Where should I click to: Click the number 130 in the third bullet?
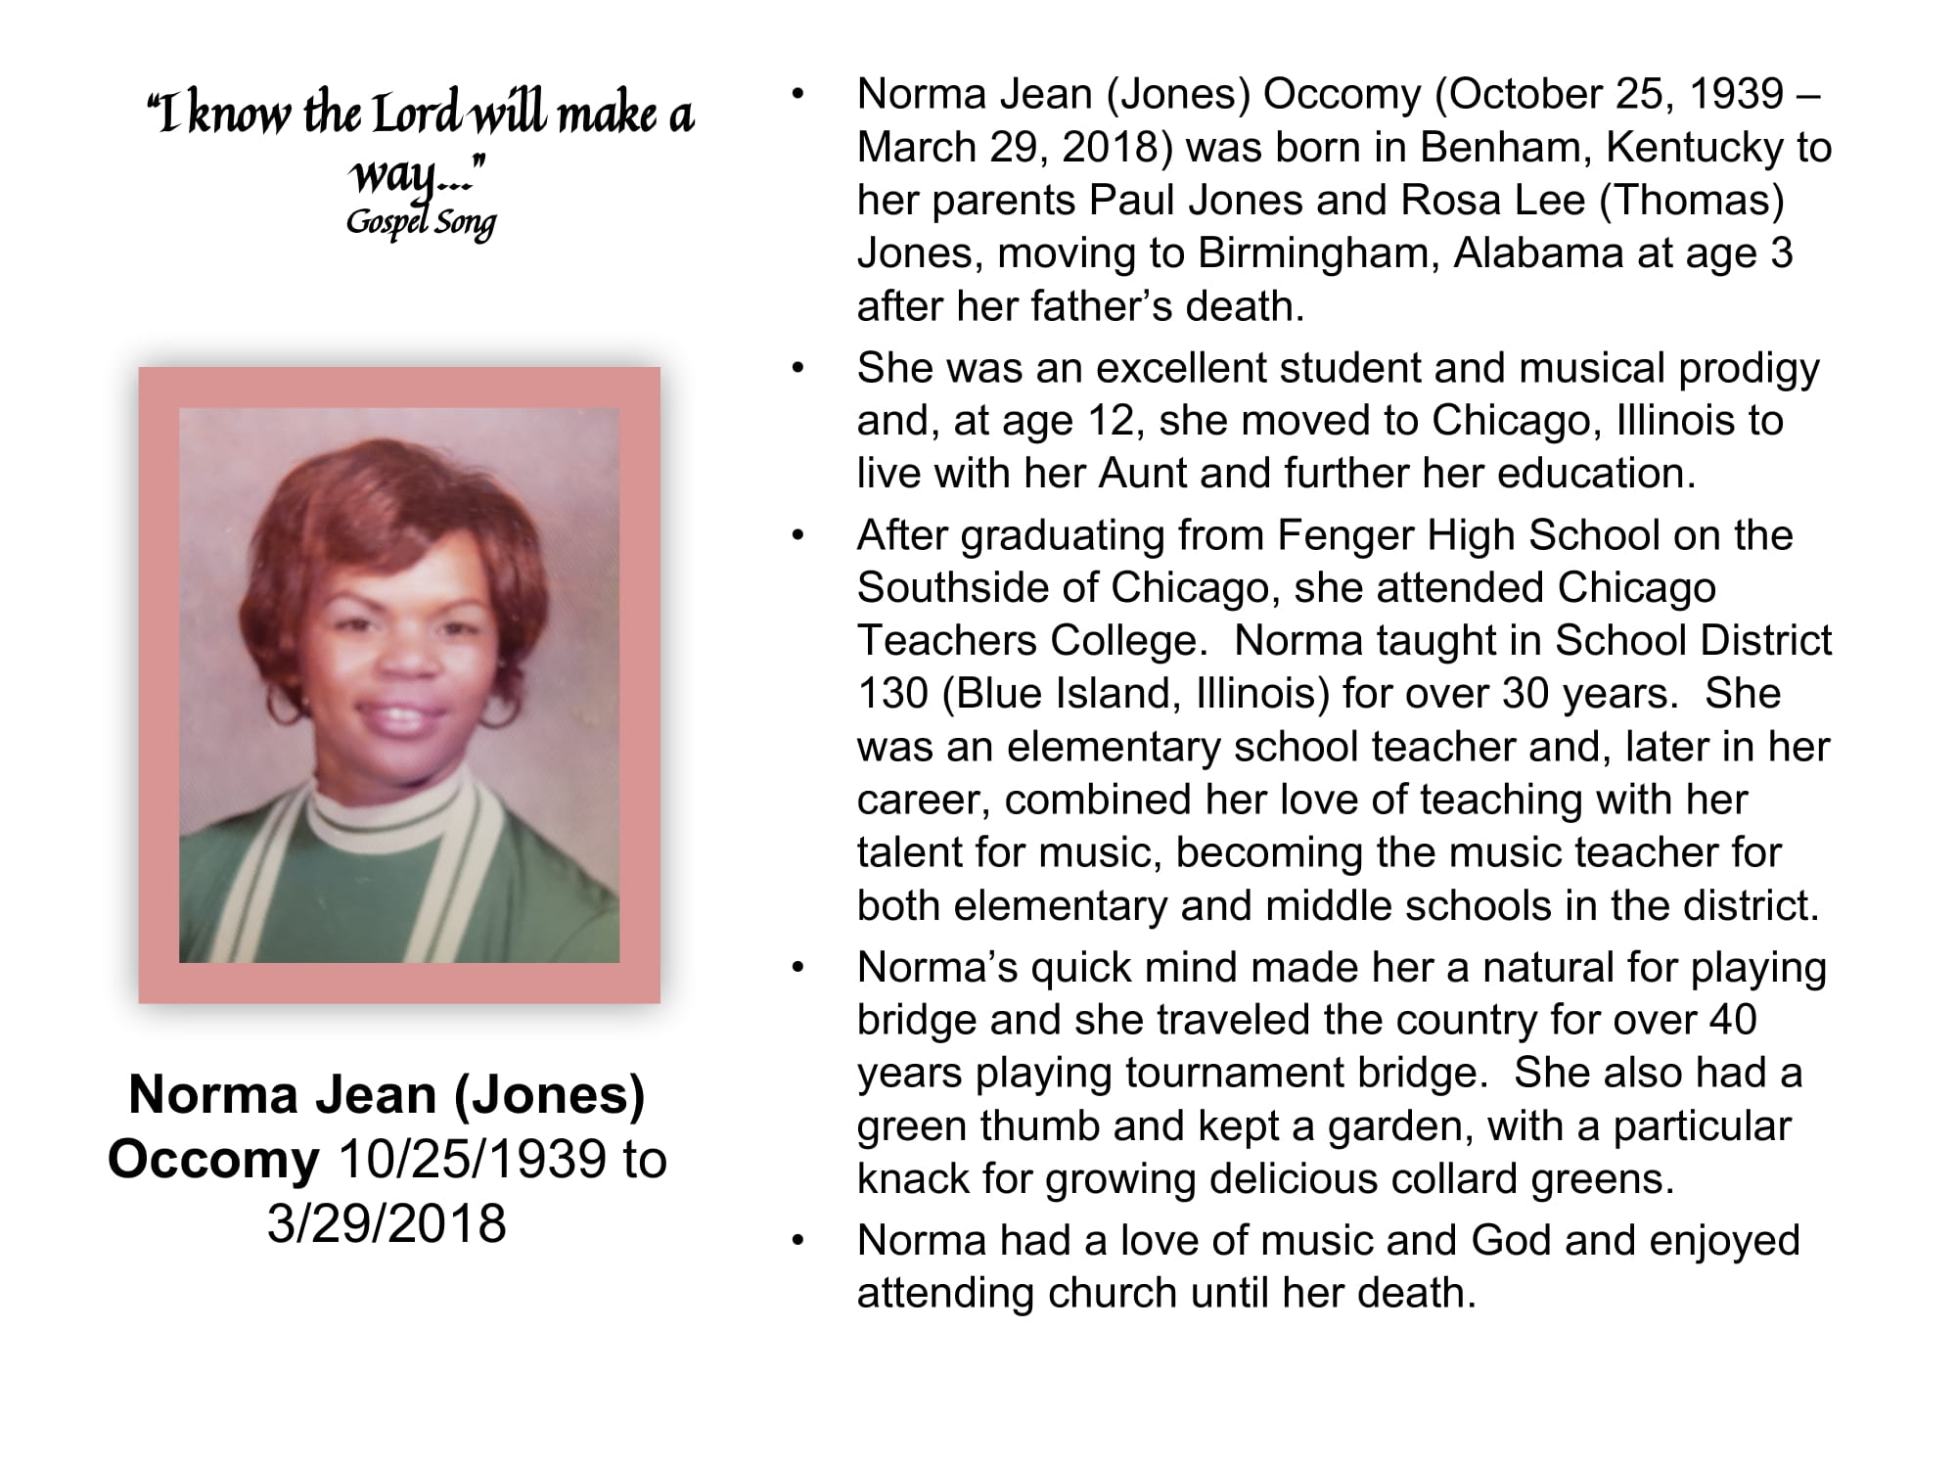click(892, 694)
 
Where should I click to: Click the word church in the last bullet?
click(1115, 1294)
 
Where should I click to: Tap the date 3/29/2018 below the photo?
click(387, 1223)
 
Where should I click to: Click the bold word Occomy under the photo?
click(213, 1160)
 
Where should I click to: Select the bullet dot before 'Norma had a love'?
click(798, 1241)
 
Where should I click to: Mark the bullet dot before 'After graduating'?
click(798, 536)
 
